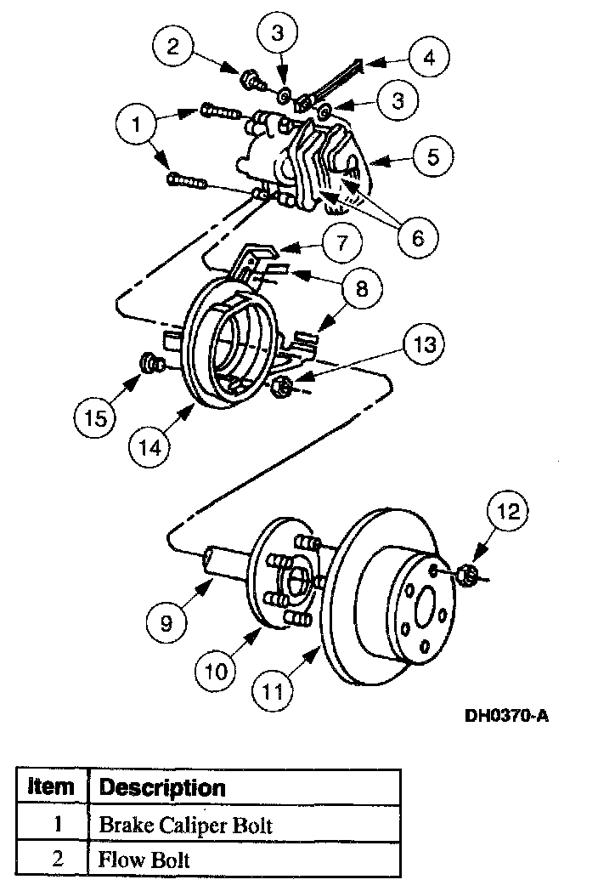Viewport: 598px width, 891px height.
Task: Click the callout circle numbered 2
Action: point(172,47)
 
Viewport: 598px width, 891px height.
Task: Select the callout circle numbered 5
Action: point(432,158)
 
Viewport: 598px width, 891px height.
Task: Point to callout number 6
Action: point(417,238)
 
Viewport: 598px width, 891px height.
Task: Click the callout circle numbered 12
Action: point(508,512)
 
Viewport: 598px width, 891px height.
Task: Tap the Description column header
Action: point(162,787)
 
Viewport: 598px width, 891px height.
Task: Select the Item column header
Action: point(51,787)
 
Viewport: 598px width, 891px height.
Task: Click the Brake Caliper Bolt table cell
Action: point(186,825)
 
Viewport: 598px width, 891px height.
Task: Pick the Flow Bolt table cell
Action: point(144,860)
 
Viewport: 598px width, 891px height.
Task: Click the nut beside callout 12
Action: point(465,575)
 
